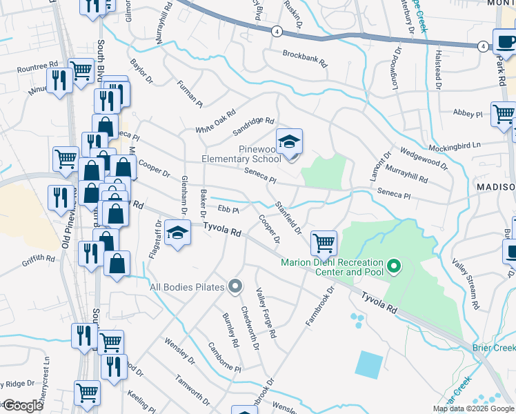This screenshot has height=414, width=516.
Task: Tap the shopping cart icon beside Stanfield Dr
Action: (324, 243)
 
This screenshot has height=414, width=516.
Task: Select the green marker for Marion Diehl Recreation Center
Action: (394, 265)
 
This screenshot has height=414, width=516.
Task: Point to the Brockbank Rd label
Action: (304, 57)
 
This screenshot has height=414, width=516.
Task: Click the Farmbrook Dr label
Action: (320, 306)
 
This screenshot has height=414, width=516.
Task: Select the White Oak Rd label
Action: (215, 121)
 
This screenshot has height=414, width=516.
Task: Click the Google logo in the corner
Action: (22, 406)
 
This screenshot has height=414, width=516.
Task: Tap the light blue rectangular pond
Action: (370, 364)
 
